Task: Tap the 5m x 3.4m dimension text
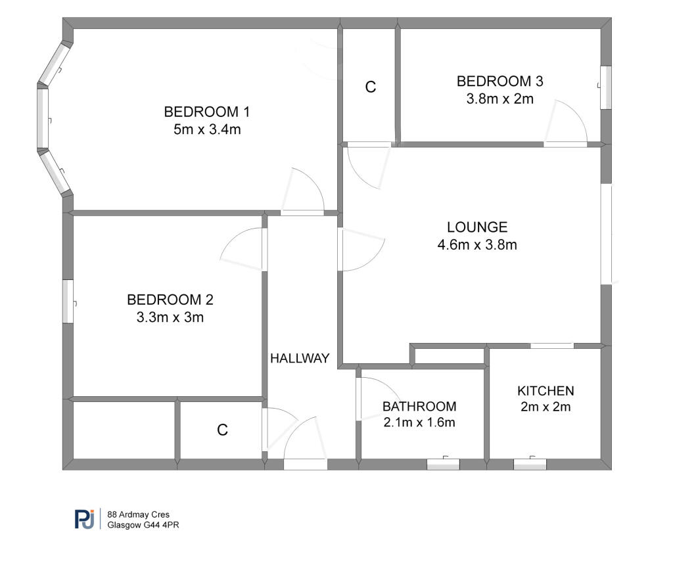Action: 207,129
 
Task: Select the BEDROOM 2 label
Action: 170,300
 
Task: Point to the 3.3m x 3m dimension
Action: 170,318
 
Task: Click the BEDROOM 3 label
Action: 500,81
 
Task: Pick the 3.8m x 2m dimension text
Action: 500,99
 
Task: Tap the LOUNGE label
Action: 477,227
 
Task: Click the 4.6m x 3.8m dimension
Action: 477,245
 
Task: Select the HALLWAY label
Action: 300,358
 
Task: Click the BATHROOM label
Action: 419,407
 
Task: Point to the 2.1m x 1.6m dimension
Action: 419,422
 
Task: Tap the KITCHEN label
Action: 545,391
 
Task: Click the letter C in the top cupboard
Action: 371,87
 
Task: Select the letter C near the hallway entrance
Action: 223,430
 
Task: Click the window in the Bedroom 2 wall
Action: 68,302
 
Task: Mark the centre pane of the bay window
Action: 43,118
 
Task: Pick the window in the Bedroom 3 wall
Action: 605,87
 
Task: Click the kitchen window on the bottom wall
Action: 530,464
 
